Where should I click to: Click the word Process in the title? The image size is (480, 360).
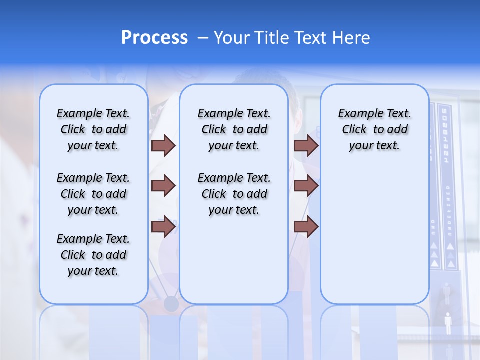point(154,38)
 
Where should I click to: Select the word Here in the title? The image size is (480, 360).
point(351,38)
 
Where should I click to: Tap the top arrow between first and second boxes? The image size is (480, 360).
point(163,145)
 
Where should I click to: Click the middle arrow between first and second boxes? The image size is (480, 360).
point(163,186)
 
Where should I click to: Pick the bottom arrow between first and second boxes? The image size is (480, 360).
point(163,226)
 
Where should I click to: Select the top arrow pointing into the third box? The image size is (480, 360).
point(306,145)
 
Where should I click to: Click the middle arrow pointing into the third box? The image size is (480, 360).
point(306,186)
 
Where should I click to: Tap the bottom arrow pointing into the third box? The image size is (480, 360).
point(306,226)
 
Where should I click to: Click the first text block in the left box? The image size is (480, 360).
point(93,129)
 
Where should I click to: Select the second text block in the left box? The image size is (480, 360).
point(93,194)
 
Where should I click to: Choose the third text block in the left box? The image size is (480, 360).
point(93,255)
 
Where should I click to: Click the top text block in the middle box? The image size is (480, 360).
point(234,129)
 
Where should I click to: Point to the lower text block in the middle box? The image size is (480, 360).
point(234,194)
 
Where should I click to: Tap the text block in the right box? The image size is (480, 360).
point(374,129)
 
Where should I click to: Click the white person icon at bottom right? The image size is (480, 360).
point(448,323)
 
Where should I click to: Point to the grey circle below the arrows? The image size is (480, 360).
point(171,303)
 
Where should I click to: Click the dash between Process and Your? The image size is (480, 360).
point(203,38)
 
